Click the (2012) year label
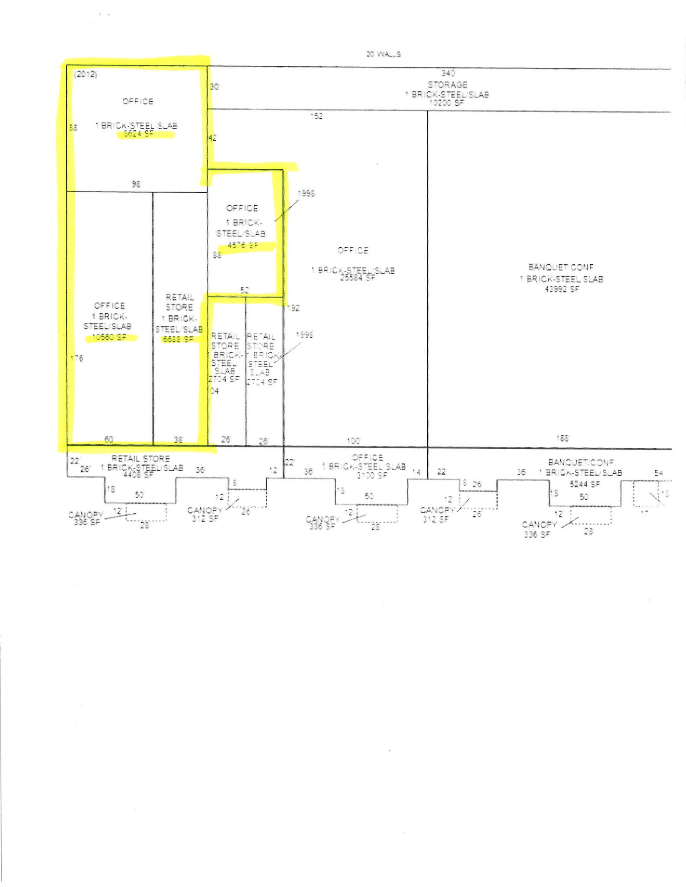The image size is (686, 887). (x=85, y=74)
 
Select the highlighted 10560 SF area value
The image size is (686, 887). (x=109, y=337)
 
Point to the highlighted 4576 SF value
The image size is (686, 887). (x=243, y=245)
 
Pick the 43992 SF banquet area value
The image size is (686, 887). (x=562, y=289)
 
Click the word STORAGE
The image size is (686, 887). (x=447, y=84)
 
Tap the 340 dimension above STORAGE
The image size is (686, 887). (x=448, y=73)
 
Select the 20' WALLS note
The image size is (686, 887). (x=383, y=54)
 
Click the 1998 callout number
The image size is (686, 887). (x=306, y=194)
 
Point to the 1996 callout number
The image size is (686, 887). (x=304, y=335)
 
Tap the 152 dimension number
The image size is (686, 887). (x=317, y=116)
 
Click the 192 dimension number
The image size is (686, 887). (x=293, y=308)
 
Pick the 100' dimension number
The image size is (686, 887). (x=354, y=441)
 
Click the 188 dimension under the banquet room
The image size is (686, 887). (x=562, y=439)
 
